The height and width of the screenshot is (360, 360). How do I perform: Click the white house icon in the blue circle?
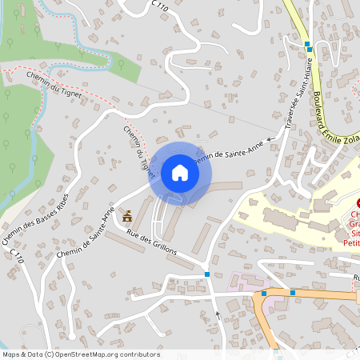180,172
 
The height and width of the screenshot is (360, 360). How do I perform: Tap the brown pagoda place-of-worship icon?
127,216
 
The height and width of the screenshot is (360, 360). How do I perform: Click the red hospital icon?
358,204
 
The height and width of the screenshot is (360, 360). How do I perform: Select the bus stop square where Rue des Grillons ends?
207,274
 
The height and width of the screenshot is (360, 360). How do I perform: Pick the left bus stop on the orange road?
264,294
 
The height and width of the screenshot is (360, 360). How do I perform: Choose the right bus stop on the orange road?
293,293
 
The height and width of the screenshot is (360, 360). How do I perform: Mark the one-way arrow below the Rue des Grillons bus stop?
217,314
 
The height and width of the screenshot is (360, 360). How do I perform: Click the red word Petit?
351,239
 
